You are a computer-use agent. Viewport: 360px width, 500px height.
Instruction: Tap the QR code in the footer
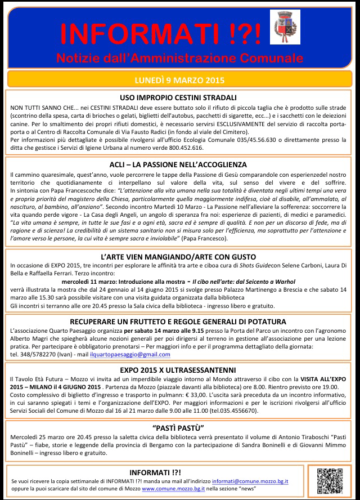click(x=330, y=480)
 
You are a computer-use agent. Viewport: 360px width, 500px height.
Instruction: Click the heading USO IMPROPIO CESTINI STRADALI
click(x=178, y=97)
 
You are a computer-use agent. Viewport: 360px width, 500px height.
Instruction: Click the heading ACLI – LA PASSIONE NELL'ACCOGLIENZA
click(x=178, y=164)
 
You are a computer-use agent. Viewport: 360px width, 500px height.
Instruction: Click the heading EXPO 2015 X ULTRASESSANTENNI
click(x=178, y=370)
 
